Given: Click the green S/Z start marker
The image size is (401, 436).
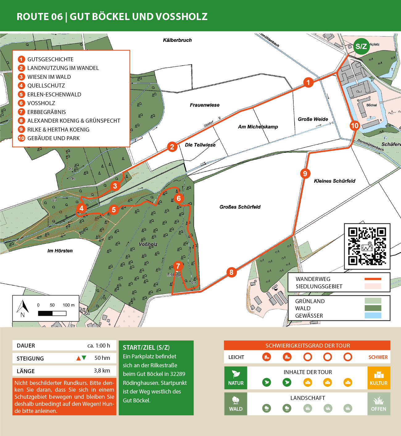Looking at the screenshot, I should point(361,47).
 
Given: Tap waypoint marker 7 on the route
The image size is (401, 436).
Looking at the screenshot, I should point(178,266).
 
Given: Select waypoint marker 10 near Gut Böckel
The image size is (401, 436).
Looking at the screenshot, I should point(354,125).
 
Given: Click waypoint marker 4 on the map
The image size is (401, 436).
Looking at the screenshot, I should point(81,208).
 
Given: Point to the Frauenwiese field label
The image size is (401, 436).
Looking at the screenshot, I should point(205,105).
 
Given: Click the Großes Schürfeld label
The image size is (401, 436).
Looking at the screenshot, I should point(240,207).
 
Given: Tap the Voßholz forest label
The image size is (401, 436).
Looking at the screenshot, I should point(148,244).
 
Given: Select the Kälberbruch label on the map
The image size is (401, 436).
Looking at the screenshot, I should point(177,40).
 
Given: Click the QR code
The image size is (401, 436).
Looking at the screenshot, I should point(367,246).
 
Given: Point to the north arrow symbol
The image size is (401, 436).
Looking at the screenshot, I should point(23,308).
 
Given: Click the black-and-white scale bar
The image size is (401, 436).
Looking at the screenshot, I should point(52,313).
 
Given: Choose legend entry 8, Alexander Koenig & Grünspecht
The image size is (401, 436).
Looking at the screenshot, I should point(73,121).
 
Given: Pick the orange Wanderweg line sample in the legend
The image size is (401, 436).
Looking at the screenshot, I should point(373,279).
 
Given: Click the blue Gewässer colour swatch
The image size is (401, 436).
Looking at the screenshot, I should point(373,316).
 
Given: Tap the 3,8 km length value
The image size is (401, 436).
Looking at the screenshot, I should point(102,371).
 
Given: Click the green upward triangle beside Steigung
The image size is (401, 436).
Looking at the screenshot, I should point(84,358).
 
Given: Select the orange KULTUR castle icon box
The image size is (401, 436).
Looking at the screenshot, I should point(378,378).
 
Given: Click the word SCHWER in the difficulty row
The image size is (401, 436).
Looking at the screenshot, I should point(378,357).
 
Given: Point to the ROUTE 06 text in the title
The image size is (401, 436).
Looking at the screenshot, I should point(39,17).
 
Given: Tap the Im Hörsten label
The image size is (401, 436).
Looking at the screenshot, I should point(60,251).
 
